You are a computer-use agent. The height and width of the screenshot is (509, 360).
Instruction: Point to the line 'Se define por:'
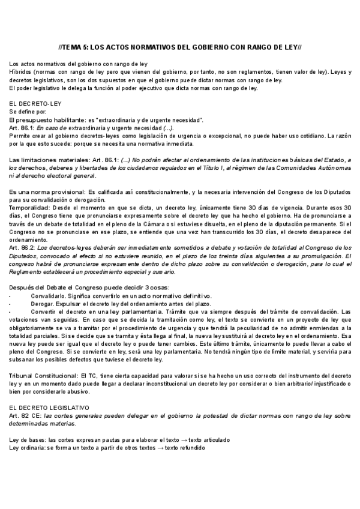(x=28, y=112)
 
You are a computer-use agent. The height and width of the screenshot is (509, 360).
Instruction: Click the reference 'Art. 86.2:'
(x=23, y=247)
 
